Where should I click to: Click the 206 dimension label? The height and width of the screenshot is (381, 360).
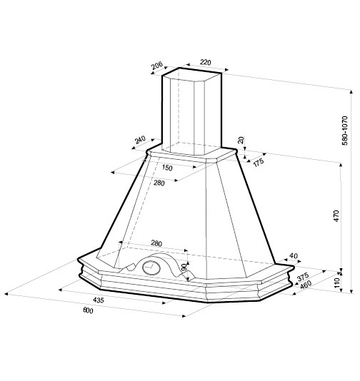(x=157, y=66)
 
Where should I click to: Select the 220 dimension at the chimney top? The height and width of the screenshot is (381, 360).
(x=205, y=62)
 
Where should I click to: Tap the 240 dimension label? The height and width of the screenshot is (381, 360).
(x=140, y=139)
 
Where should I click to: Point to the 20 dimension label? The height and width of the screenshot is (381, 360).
(x=241, y=141)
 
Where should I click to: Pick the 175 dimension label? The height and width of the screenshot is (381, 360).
(x=259, y=162)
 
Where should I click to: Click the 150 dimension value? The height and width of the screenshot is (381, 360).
(x=167, y=168)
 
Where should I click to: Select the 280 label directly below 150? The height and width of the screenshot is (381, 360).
(x=159, y=183)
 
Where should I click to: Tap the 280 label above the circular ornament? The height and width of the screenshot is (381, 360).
(x=156, y=243)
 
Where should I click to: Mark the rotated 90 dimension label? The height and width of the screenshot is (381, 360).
(x=184, y=268)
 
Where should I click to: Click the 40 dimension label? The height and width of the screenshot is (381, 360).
(x=294, y=255)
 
